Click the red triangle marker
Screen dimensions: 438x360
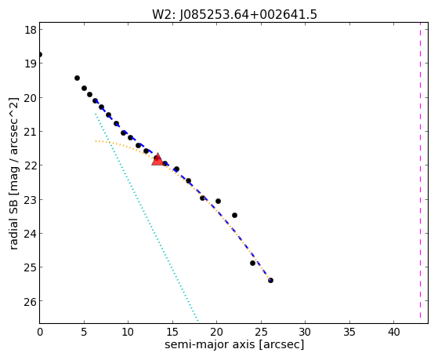pos(157,159)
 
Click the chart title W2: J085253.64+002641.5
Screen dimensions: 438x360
pos(234,14)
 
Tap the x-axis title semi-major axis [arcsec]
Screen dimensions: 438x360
pos(234,344)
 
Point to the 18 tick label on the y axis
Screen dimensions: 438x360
pos(31,30)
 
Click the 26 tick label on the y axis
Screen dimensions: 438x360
pos(31,301)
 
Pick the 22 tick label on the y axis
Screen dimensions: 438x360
pos(31,165)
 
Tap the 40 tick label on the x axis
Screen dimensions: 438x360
pos(393,332)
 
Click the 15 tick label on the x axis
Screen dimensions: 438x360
pos(172,332)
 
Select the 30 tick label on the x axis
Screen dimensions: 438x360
pos(305,332)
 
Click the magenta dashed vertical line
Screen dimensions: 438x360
pos(420,173)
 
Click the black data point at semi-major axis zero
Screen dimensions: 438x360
pos(39,54)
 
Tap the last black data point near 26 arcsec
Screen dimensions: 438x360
pos(270,280)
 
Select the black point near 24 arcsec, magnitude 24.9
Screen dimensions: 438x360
pos(252,263)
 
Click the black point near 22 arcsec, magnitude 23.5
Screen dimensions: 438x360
pos(234,215)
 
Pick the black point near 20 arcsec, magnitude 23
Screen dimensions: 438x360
pos(218,201)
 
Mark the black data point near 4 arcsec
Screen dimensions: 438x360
pos(77,78)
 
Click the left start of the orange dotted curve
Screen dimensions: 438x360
pos(96,141)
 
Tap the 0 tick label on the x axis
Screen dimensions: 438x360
pos(40,332)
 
